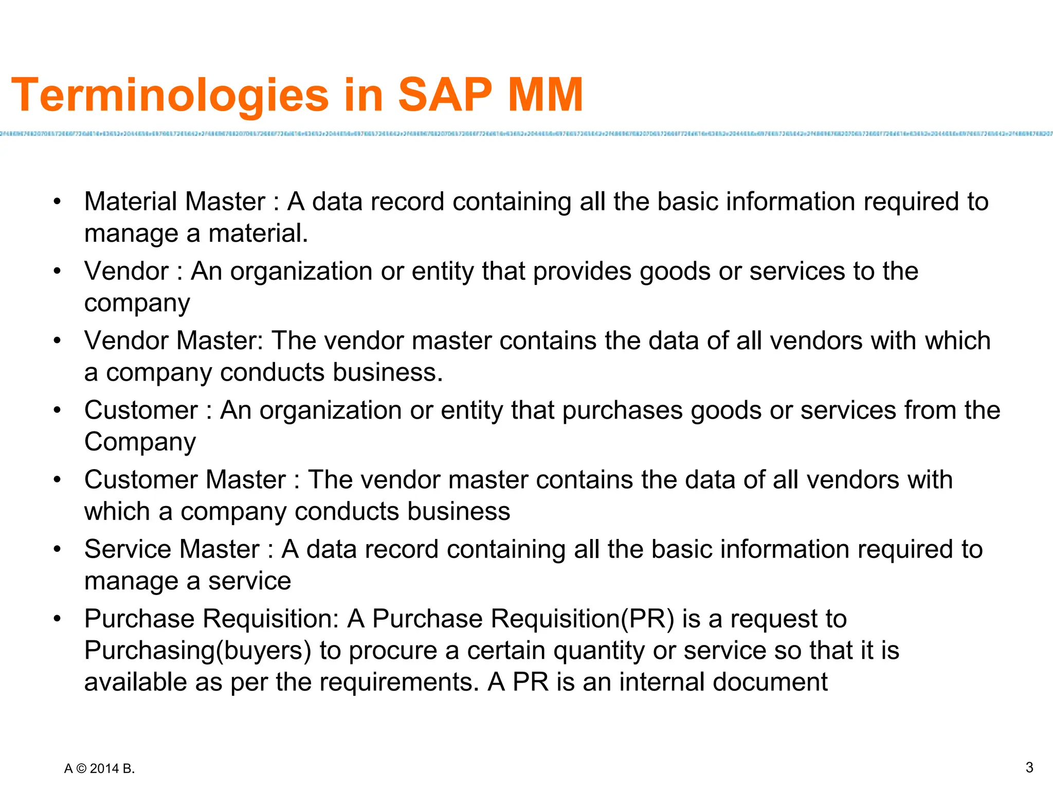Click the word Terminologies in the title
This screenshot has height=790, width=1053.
click(x=170, y=95)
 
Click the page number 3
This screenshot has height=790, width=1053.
click(x=1029, y=767)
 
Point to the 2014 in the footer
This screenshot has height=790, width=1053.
click(x=104, y=769)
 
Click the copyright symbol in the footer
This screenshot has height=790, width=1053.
click(x=81, y=769)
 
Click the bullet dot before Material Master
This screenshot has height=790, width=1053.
click(x=57, y=202)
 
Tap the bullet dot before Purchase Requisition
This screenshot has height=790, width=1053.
click(x=57, y=619)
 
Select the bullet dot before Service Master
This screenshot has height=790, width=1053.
click(x=57, y=549)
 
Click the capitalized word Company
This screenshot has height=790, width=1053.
click(x=140, y=442)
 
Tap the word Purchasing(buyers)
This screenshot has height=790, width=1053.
click(x=198, y=650)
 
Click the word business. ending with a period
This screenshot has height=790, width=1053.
click(x=388, y=372)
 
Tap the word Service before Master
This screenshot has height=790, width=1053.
click(x=127, y=549)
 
